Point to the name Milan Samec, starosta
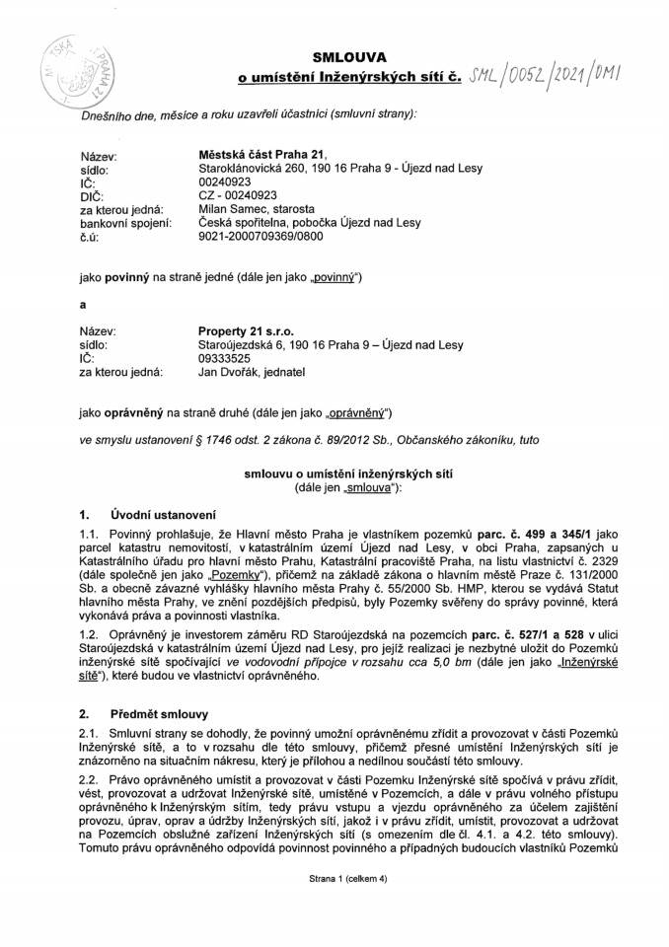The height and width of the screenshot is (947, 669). pos(257,209)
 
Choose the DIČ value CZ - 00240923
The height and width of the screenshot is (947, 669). pos(238,195)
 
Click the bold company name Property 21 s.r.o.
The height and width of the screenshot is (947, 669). pos(246,331)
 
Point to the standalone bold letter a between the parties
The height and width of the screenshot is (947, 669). pos(83,305)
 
